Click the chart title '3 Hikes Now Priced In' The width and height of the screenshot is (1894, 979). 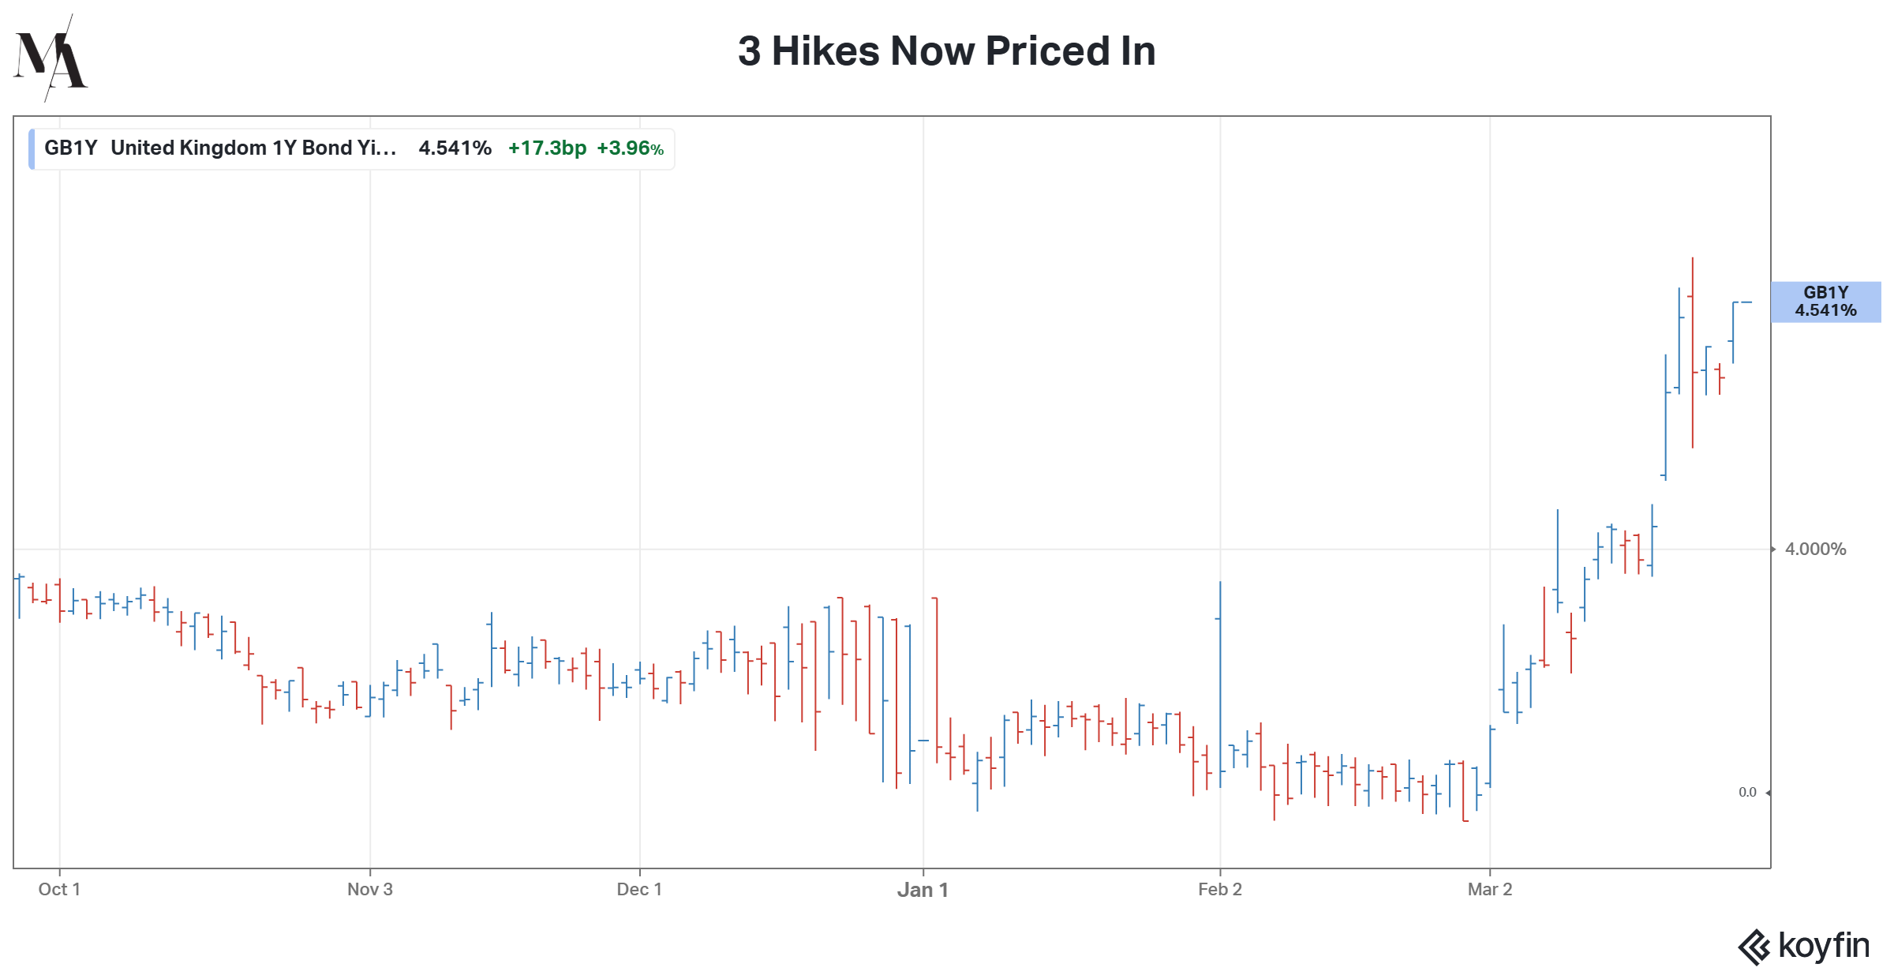[946, 51]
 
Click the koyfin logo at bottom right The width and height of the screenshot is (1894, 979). [1803, 946]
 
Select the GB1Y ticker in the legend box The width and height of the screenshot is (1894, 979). [70, 148]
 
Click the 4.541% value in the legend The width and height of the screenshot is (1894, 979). [455, 148]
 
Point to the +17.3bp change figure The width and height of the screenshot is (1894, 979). [547, 148]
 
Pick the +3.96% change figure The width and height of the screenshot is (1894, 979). [630, 148]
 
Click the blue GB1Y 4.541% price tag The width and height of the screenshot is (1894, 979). [1825, 302]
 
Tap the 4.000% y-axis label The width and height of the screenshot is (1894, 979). [1815, 550]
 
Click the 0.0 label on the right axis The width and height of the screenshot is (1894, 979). [1747, 792]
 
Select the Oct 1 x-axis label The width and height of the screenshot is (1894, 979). [59, 890]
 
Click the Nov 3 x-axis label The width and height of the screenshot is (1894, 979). [370, 890]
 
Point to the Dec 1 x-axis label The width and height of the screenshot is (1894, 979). [639, 890]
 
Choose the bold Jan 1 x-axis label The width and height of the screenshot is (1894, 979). [923, 891]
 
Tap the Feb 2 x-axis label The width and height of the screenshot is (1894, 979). [1220, 890]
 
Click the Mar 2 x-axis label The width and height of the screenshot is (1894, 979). [1490, 890]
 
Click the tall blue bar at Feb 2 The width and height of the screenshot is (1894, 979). [1220, 679]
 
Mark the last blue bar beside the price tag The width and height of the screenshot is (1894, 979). [1733, 332]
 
